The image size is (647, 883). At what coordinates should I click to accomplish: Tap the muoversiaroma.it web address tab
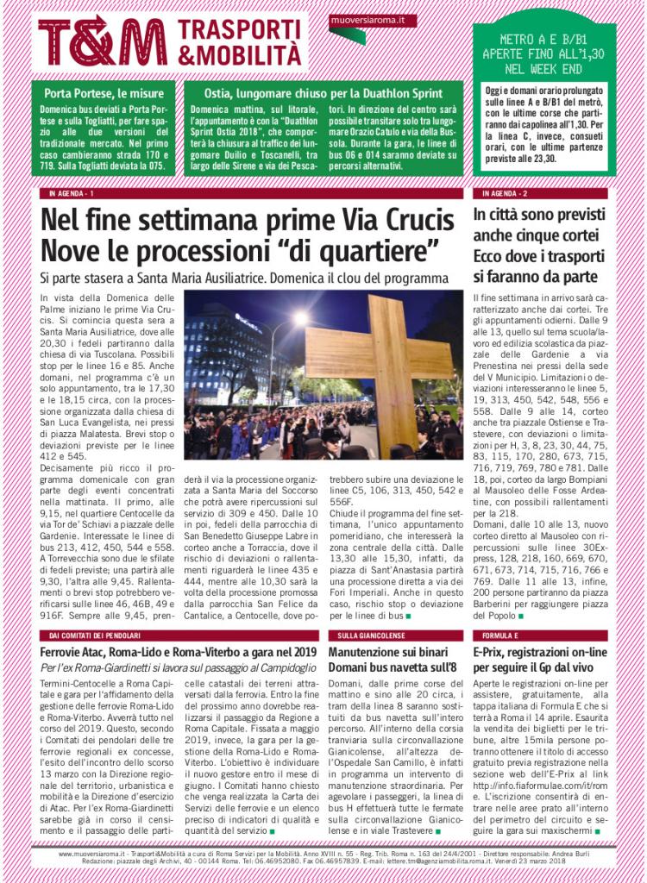[373, 19]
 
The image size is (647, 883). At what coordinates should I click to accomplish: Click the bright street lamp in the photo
[299, 320]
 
